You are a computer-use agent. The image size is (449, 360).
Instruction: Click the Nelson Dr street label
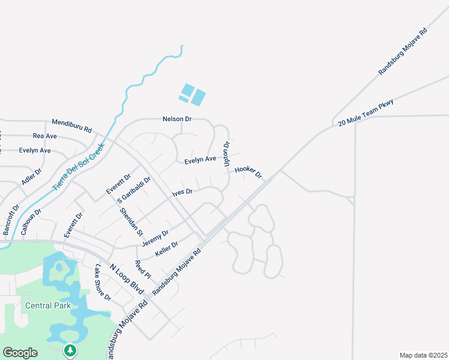tap(176, 119)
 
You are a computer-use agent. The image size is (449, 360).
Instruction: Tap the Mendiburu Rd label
tap(71, 126)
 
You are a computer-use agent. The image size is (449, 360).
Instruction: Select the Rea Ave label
tap(44, 136)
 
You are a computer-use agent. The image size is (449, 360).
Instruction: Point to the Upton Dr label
tap(227, 154)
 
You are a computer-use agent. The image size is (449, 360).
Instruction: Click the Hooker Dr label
tap(249, 172)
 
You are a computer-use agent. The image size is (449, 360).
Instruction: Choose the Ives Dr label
tap(182, 192)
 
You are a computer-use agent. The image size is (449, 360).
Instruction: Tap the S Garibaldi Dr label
tap(134, 189)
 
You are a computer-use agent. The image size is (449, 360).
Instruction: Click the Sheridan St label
tap(131, 221)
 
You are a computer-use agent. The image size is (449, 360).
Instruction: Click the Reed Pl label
tap(142, 269)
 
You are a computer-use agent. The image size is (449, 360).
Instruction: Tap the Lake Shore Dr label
tap(103, 283)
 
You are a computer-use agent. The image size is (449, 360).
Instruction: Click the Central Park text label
tap(48, 305)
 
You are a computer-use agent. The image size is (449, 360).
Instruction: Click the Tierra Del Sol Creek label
tap(79, 166)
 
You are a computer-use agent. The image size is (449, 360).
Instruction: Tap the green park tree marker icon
tap(70, 350)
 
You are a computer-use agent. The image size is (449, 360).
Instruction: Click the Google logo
tap(20, 353)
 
